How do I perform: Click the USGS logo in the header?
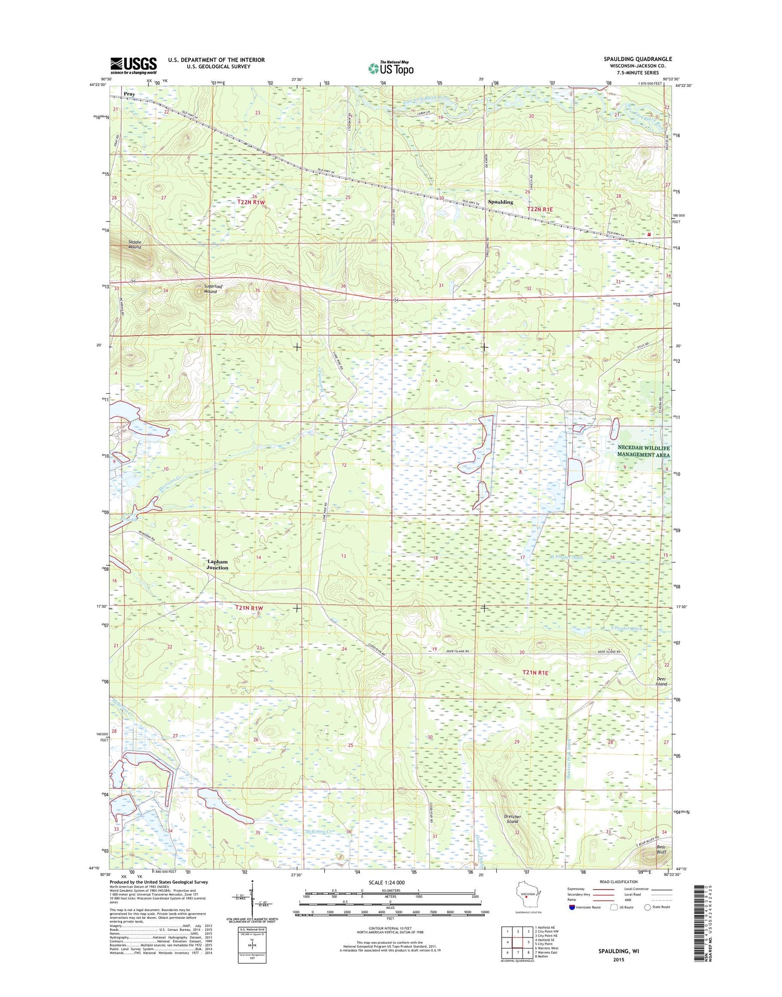[x=133, y=65]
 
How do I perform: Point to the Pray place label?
[x=129, y=94]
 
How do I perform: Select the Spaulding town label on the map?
[x=500, y=202]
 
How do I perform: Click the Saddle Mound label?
[x=135, y=244]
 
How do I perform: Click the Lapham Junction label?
[x=217, y=564]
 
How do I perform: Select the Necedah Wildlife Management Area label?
[x=643, y=452]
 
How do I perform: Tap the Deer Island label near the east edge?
[x=661, y=681]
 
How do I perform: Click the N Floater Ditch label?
[x=567, y=557]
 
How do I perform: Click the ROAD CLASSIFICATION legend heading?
[x=619, y=882]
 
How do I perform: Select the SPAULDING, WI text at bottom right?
[x=618, y=951]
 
